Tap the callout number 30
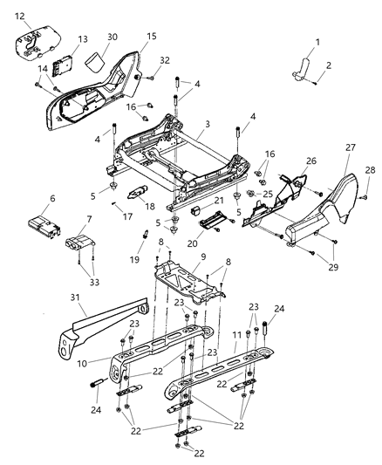pyautogui.click(x=112, y=38)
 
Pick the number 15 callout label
pyautogui.click(x=152, y=37)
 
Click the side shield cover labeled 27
pyautogui.click(x=336, y=209)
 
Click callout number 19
pyautogui.click(x=134, y=261)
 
